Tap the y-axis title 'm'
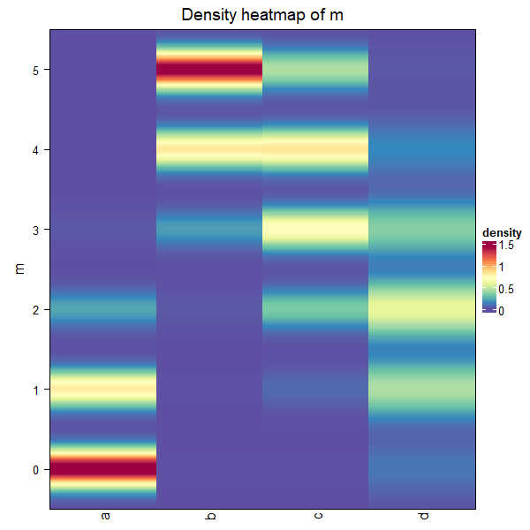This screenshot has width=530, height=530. click(x=19, y=269)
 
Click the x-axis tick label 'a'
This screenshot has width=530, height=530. click(x=104, y=516)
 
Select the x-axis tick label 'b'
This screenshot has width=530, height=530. click(x=210, y=516)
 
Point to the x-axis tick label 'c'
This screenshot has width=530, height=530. click(x=316, y=516)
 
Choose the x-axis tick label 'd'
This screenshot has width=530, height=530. click(x=422, y=516)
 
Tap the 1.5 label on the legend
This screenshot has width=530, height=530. click(x=506, y=246)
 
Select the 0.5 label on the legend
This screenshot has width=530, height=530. click(x=506, y=289)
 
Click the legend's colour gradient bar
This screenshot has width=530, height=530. click(x=488, y=277)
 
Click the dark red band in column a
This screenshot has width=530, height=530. click(x=103, y=469)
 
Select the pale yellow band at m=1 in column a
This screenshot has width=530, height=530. click(x=103, y=389)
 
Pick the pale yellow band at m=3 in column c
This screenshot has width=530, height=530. click(x=315, y=230)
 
